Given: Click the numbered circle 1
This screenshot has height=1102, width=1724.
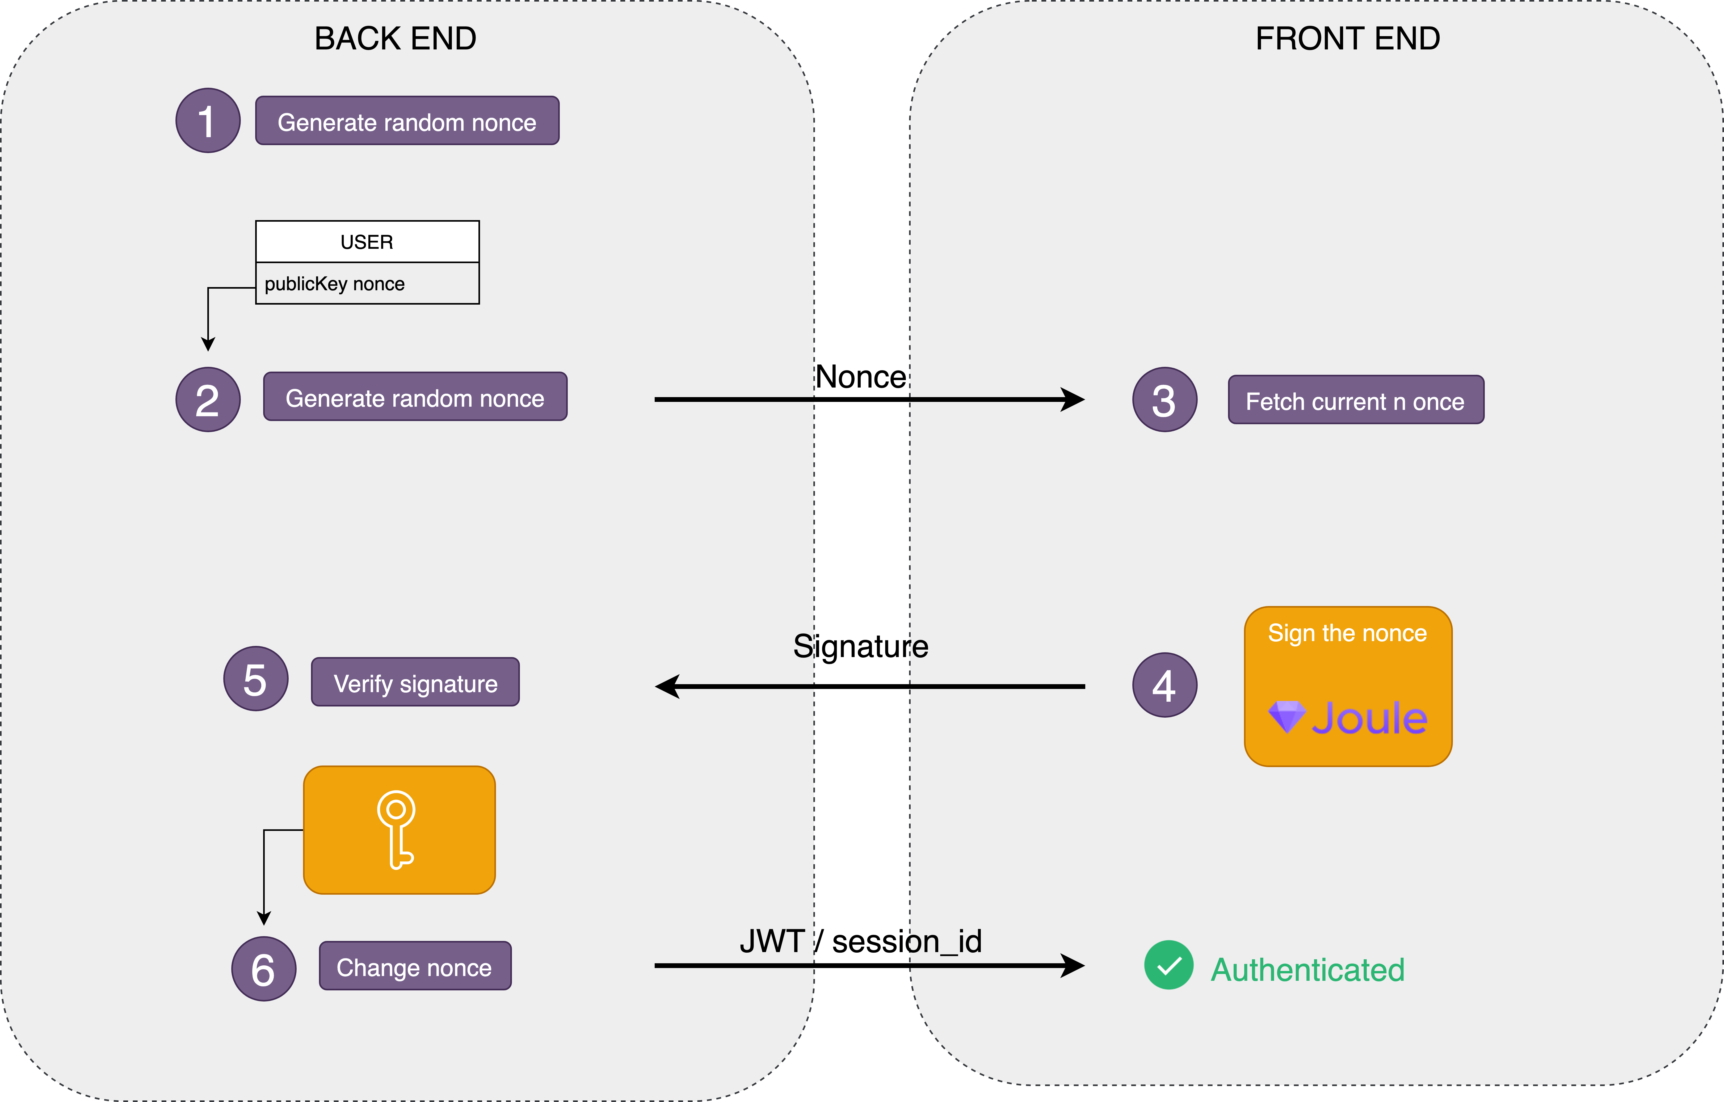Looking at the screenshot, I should pyautogui.click(x=208, y=120).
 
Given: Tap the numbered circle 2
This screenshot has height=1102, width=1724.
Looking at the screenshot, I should pyautogui.click(x=208, y=399).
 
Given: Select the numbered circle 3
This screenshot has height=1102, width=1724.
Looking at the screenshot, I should pyautogui.click(x=1164, y=399).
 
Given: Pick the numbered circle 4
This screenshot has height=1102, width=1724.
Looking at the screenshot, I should pyautogui.click(x=1164, y=685).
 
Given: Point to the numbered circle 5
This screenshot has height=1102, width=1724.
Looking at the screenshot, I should pyautogui.click(x=256, y=679).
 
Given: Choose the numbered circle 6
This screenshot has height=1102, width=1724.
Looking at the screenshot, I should pyautogui.click(x=263, y=969).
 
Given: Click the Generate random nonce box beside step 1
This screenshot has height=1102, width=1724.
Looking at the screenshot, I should pyautogui.click(x=407, y=121).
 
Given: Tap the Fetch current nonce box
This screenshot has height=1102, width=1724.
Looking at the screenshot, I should pyautogui.click(x=1355, y=400).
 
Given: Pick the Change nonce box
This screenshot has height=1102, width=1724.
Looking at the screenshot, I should pyautogui.click(x=415, y=966).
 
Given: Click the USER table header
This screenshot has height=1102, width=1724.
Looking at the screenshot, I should pyautogui.click(x=367, y=242).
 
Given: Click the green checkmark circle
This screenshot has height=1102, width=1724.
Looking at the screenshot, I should pyautogui.click(x=1168, y=965).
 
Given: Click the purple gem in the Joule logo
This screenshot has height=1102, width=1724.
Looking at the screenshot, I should pyautogui.click(x=1286, y=716).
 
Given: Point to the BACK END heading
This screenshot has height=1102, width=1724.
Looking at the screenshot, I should pyautogui.click(x=395, y=39).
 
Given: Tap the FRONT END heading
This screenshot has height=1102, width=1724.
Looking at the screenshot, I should pyautogui.click(x=1347, y=39).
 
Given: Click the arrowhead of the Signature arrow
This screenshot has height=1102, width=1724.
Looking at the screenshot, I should pyautogui.click(x=667, y=687).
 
